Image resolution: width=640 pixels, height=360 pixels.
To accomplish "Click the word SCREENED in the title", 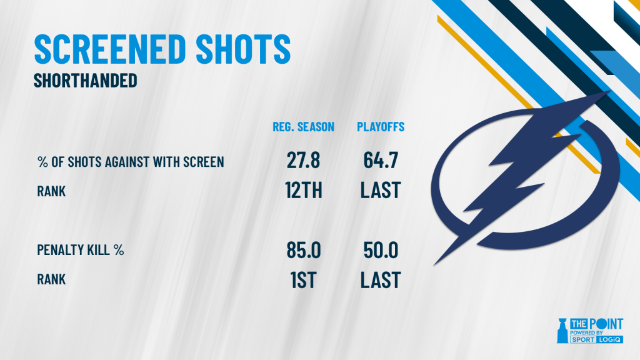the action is click(110, 49).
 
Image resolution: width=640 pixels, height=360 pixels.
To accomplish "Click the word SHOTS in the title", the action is click(243, 49).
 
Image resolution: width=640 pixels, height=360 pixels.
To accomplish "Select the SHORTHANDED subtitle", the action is click(85, 81).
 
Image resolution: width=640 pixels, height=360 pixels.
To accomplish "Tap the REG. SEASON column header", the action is click(303, 127).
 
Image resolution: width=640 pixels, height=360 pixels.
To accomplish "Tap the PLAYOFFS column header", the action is click(381, 127).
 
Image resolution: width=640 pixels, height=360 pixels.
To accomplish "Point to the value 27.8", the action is click(303, 160).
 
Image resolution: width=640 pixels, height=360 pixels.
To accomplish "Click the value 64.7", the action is click(381, 160).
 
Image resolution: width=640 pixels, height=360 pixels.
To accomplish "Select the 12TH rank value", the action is click(304, 190).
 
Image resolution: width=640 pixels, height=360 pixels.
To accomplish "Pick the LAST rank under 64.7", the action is click(381, 190).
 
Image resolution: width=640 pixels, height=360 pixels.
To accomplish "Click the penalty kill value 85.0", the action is click(304, 250).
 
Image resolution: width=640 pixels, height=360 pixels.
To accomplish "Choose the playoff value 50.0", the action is click(381, 250).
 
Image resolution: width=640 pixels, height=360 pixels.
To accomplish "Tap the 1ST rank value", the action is click(303, 280).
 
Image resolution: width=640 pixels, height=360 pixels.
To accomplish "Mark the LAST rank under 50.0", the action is click(381, 280).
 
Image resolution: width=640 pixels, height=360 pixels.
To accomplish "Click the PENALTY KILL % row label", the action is click(81, 250).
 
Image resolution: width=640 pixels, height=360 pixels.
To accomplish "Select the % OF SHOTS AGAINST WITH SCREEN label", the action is click(131, 162).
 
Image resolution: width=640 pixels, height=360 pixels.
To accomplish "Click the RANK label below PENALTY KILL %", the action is click(51, 279).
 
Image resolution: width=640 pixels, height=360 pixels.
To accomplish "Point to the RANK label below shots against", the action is click(51, 191).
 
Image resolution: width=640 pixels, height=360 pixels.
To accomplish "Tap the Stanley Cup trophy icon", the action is click(562, 331).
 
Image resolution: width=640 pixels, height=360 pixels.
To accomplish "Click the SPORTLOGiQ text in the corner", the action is click(596, 339).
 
